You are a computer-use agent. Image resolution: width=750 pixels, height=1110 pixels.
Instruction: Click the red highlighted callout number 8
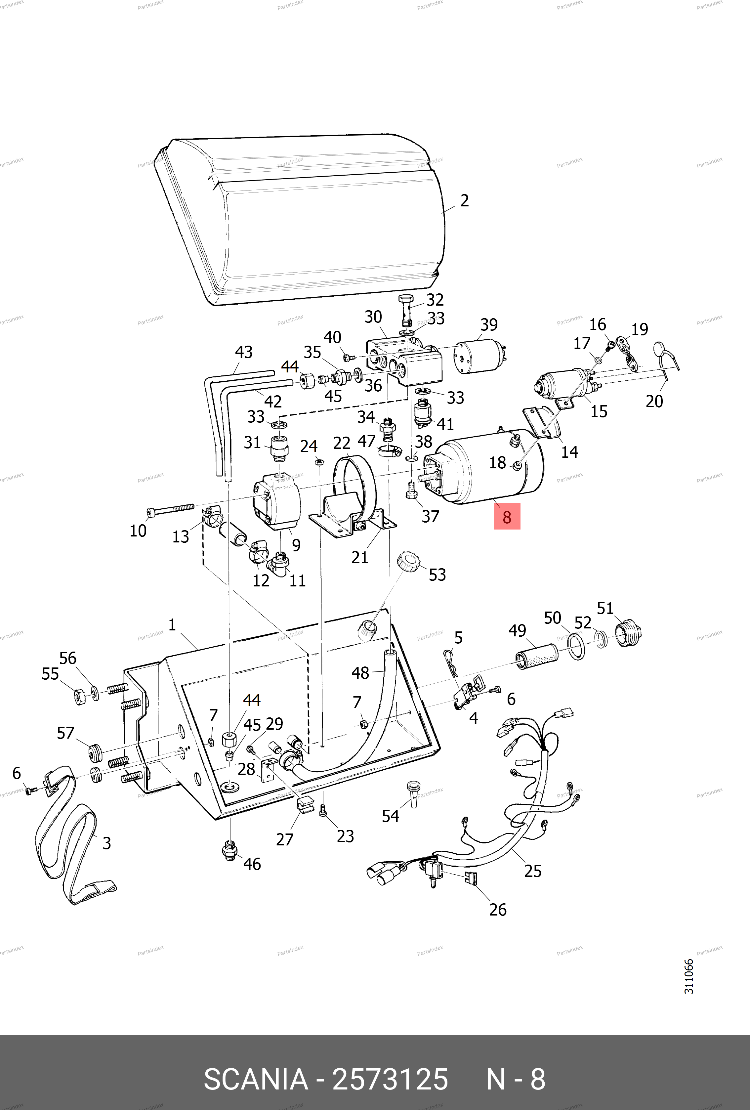point(507,517)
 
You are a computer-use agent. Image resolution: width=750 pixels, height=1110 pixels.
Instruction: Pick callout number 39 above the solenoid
point(489,325)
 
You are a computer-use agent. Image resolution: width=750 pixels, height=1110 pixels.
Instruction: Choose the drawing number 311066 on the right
point(688,976)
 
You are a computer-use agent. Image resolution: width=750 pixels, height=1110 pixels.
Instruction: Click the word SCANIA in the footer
point(256,1080)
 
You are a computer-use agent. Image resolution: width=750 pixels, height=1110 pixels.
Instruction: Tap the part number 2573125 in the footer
point(390,1080)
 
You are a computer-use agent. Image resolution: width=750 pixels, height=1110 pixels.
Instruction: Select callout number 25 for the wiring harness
point(533,871)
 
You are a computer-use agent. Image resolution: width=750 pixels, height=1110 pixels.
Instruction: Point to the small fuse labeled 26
point(471,877)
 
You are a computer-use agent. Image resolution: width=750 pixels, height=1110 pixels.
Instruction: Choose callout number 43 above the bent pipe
point(243,352)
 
